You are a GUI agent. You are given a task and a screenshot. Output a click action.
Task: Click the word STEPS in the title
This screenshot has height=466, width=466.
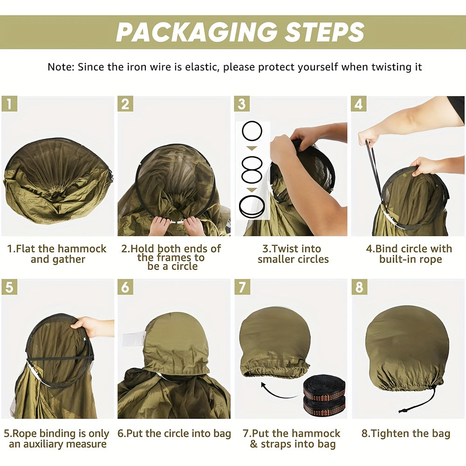[324, 32]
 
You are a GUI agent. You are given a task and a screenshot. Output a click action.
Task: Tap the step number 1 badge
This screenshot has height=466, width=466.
[9, 104]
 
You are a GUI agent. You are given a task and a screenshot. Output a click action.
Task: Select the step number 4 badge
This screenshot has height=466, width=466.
[359, 104]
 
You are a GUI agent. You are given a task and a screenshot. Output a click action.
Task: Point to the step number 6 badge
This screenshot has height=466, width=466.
[125, 287]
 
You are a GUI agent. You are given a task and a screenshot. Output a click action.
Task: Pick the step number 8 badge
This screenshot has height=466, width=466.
[359, 287]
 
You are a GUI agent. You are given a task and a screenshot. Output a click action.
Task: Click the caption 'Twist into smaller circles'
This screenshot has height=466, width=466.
[293, 254]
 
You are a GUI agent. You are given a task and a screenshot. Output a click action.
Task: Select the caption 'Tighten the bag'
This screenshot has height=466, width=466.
[406, 433]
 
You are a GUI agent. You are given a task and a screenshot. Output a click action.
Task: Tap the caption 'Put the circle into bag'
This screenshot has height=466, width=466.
[174, 433]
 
